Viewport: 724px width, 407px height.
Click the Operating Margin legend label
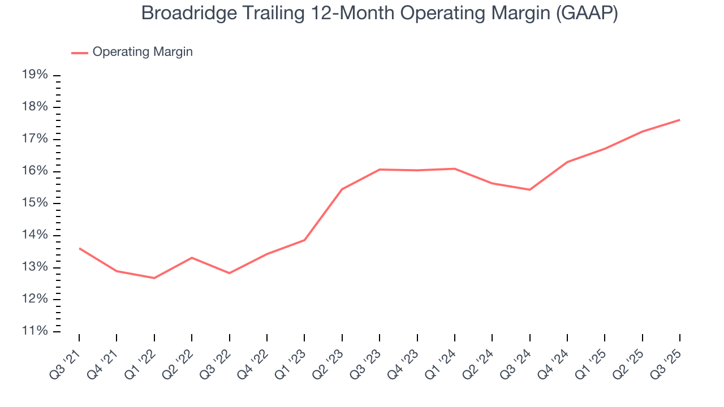pyautogui.click(x=143, y=52)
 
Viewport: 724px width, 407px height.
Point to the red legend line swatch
pyautogui.click(x=80, y=53)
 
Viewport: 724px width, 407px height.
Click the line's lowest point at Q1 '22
pyautogui.click(x=154, y=278)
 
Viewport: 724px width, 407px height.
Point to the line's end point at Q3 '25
pyautogui.click(x=679, y=120)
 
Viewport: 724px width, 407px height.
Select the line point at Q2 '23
pyautogui.click(x=342, y=189)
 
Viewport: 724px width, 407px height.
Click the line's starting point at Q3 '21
pyautogui.click(x=79, y=248)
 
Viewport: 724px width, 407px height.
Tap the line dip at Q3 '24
pyautogui.click(x=529, y=189)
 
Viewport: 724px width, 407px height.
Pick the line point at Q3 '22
pyautogui.click(x=229, y=273)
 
